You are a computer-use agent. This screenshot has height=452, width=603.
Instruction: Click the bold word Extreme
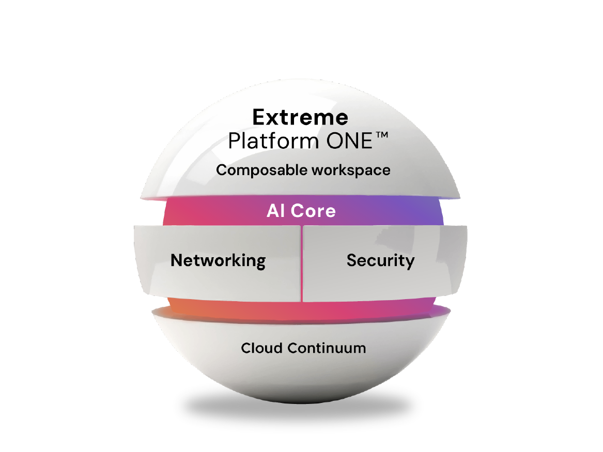pyautogui.click(x=300, y=118)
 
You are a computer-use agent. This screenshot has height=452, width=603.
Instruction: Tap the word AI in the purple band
pyautogui.click(x=276, y=211)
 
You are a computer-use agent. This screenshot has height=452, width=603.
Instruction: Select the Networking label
pyautogui.click(x=218, y=260)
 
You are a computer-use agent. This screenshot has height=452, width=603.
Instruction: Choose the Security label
pyautogui.click(x=380, y=260)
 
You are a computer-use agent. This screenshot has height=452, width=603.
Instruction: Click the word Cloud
pyautogui.click(x=262, y=348)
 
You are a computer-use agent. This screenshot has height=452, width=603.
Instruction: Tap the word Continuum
pyautogui.click(x=327, y=348)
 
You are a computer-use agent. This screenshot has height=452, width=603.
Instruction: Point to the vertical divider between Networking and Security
pyautogui.click(x=301, y=263)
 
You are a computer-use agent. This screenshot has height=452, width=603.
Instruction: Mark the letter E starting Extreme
pyautogui.click(x=258, y=118)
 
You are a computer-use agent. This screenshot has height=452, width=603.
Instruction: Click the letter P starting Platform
pyautogui.click(x=234, y=141)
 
